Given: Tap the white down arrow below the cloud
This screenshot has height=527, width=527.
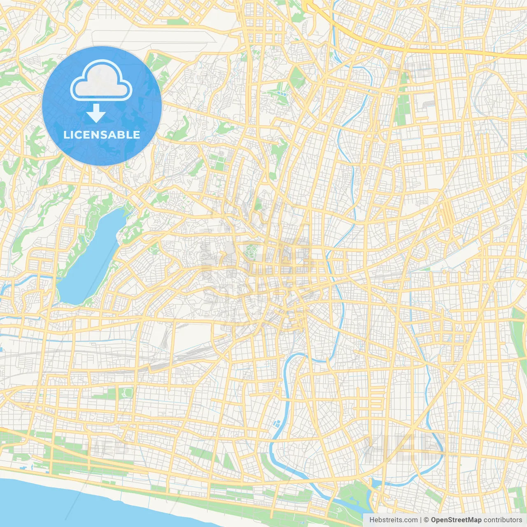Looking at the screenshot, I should [x=96, y=113].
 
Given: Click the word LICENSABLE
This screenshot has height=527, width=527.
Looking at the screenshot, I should [x=102, y=135].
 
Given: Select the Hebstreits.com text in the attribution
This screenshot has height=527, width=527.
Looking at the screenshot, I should [x=393, y=520].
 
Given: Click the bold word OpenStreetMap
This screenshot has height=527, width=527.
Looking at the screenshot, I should [x=456, y=520].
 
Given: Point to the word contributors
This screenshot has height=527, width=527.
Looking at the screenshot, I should [x=503, y=520].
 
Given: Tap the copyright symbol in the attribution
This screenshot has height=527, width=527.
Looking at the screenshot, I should [x=427, y=520].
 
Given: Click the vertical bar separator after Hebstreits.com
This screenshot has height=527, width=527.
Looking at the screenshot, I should [x=420, y=520].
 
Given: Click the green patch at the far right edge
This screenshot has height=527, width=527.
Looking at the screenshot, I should [x=520, y=333].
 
